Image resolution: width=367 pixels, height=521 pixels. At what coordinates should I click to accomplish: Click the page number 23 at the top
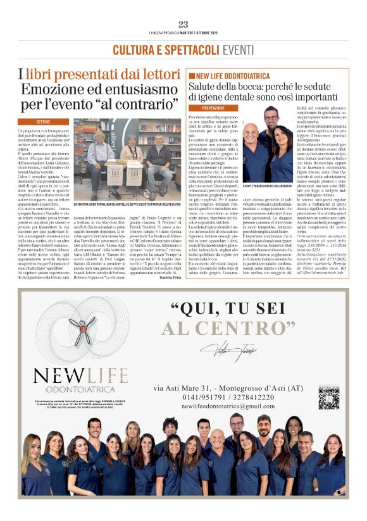pos(183,25)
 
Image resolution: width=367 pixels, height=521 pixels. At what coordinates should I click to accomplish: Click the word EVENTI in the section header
pos(239,49)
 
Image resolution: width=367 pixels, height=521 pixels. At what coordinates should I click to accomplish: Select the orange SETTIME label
pos(44,121)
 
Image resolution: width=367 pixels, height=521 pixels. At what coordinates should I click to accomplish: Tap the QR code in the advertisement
pos(328,399)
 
